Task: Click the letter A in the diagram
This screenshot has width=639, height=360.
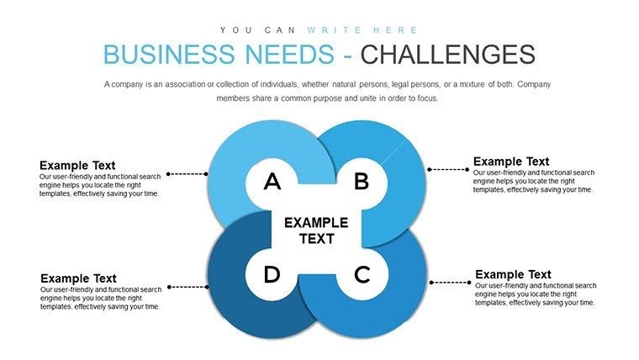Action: coord(272,181)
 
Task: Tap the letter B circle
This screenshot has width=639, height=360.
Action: coord(361,181)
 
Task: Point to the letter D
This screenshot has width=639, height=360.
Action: coord(272,274)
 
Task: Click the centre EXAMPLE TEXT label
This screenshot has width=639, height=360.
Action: coord(315,230)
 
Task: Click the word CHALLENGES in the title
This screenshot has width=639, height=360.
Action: coord(446,55)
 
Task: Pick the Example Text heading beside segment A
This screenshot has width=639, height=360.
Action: coord(77,166)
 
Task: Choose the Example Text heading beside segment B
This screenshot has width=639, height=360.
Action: coord(511,161)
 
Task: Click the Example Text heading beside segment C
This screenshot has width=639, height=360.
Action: coord(513,274)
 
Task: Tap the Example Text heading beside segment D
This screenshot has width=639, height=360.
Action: coord(78,278)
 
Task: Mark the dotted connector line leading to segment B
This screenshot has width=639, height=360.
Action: coord(447,169)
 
